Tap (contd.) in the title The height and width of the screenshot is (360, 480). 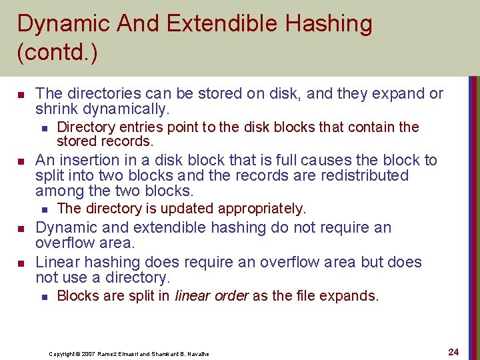[x=57, y=53]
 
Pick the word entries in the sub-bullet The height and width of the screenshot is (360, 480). [x=141, y=127]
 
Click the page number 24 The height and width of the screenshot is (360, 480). [x=453, y=352]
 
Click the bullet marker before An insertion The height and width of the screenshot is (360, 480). [x=21, y=161]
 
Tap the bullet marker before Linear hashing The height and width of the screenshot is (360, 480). [x=21, y=263]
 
